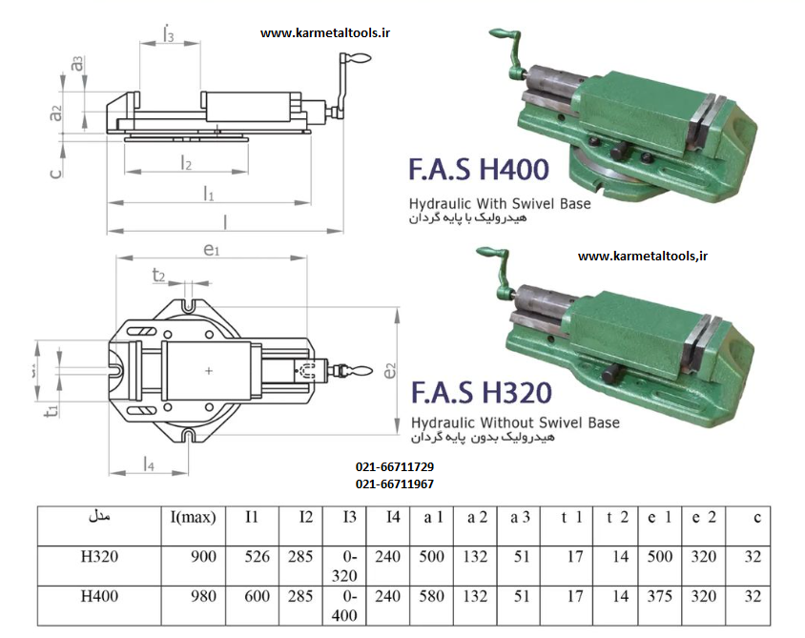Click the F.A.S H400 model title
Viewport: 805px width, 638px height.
[x=479, y=170]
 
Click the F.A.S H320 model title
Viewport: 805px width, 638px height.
[x=481, y=392]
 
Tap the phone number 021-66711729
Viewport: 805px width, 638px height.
[x=394, y=467]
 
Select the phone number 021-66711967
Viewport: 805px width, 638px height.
[x=394, y=484]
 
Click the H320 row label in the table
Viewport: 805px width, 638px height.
[x=99, y=557]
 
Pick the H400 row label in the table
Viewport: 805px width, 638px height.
[x=99, y=597]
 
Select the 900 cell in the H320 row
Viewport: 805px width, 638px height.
[x=204, y=557]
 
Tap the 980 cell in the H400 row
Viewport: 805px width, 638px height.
[x=204, y=597]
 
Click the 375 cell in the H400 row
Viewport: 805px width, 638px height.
[x=659, y=597]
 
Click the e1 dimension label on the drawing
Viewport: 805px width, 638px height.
[x=212, y=251]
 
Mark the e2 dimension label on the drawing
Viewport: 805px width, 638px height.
[x=389, y=371]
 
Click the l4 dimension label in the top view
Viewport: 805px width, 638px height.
[x=150, y=463]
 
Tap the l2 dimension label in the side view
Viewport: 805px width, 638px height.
[x=187, y=163]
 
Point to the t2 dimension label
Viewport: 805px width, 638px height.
[x=159, y=276]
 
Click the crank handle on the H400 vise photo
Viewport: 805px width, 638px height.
[x=502, y=39]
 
